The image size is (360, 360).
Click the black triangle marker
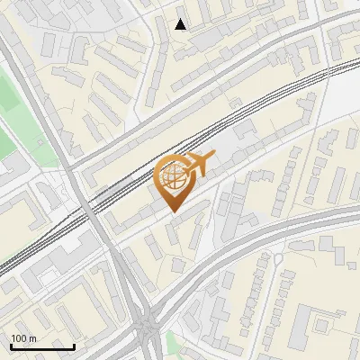[181, 24]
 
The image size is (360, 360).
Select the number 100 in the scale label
[19, 338]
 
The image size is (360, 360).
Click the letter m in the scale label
[32, 338]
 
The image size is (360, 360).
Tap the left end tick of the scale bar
[10, 346]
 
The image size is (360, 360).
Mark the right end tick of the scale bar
[74, 346]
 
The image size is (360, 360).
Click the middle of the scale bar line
[41, 347]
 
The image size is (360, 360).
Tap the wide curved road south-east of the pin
[270, 229]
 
